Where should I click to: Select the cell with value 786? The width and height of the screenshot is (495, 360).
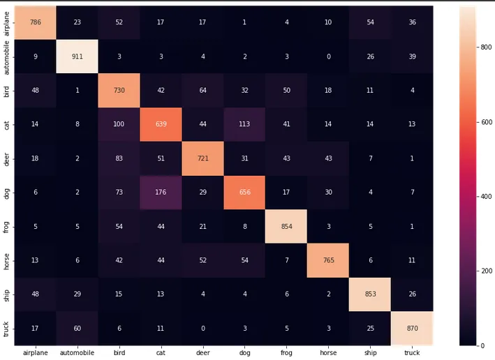click(x=36, y=22)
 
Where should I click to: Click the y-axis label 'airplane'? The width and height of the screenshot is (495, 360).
click(x=7, y=22)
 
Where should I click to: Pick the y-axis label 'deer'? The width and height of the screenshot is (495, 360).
click(x=7, y=158)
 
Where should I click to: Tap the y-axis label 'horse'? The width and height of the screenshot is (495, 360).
click(x=7, y=260)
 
